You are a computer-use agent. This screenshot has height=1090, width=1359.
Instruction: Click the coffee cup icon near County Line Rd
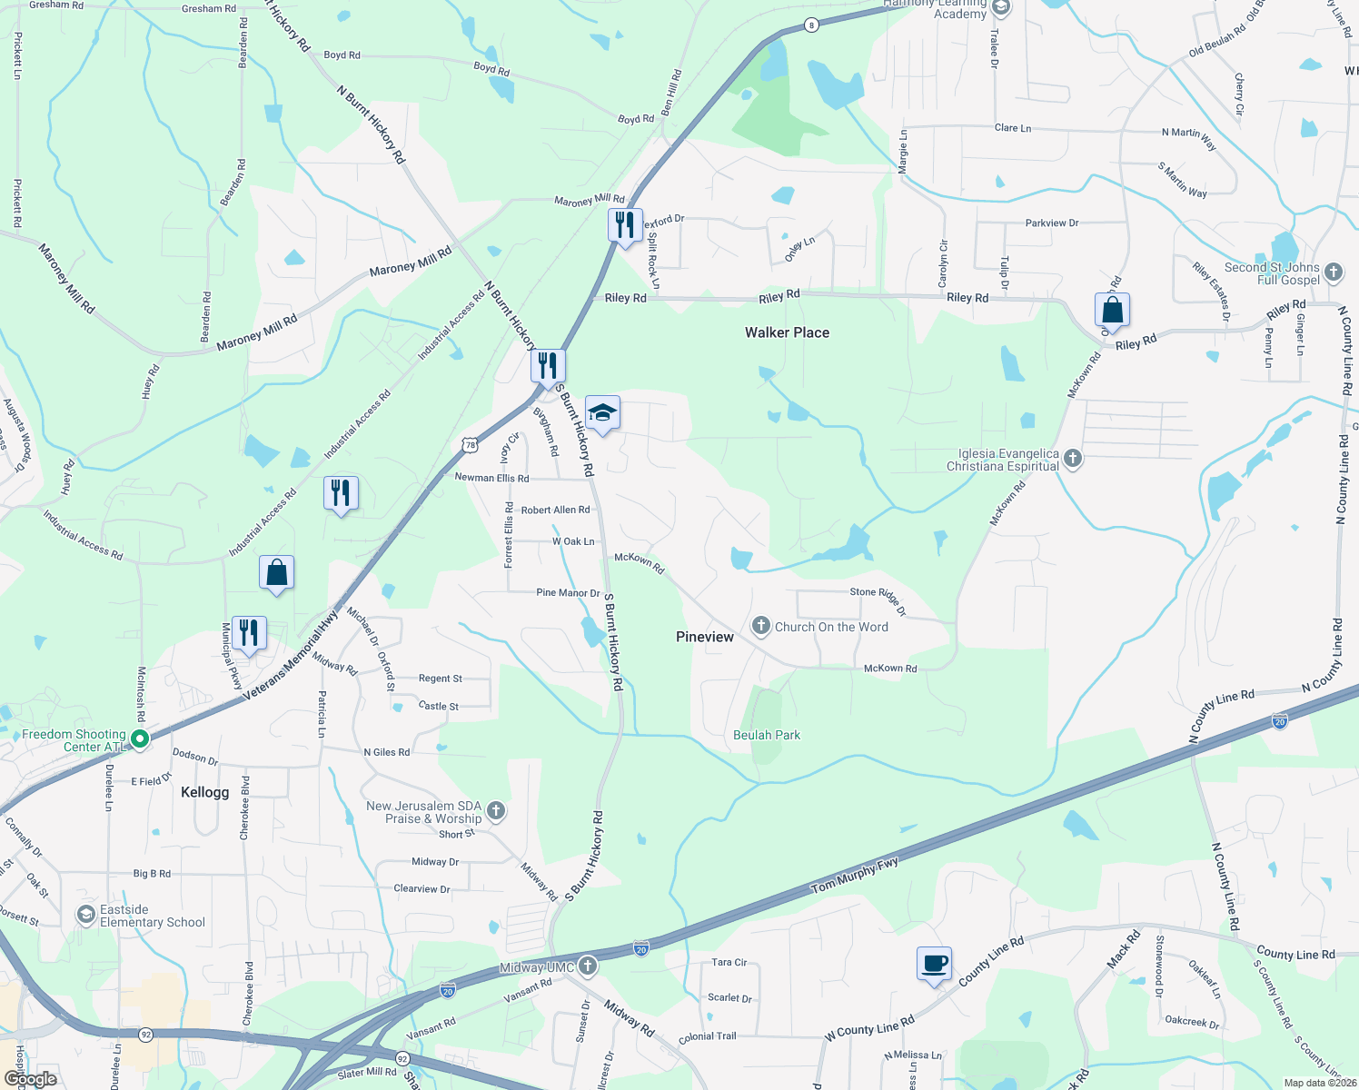[x=934, y=964]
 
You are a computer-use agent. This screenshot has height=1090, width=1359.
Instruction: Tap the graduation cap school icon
[x=602, y=413]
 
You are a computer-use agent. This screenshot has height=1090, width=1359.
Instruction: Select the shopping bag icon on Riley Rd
[x=1112, y=311]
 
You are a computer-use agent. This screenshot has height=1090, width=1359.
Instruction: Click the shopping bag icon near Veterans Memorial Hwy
[x=277, y=573]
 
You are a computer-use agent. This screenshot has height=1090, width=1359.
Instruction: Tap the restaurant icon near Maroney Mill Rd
[x=625, y=224]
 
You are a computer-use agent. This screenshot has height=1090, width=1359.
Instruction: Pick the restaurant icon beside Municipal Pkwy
[x=249, y=632]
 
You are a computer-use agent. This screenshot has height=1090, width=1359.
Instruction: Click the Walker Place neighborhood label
[x=787, y=332]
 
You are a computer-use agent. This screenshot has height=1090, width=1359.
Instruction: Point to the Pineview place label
[x=705, y=637]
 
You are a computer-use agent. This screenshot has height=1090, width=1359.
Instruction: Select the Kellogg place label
[x=205, y=792]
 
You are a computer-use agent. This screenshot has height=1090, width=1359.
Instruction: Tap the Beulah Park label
[x=767, y=735]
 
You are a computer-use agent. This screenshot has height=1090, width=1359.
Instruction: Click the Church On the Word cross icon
[x=761, y=626]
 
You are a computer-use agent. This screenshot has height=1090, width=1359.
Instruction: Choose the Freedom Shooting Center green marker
[x=140, y=739]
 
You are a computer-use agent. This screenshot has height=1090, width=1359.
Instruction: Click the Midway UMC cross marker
[x=588, y=966]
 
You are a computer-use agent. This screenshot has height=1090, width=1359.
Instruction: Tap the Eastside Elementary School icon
[x=86, y=914]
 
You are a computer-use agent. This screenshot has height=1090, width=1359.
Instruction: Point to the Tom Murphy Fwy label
[x=855, y=875]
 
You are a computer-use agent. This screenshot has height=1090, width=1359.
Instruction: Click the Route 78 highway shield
[x=470, y=445]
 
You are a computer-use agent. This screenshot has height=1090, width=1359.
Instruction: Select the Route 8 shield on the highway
[x=811, y=25]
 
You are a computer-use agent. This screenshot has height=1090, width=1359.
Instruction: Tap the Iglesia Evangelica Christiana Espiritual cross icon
[x=1073, y=459]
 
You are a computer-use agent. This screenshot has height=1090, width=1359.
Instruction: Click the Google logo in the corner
[x=30, y=1079]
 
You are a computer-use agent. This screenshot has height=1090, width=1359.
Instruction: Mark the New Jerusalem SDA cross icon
[x=496, y=810]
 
